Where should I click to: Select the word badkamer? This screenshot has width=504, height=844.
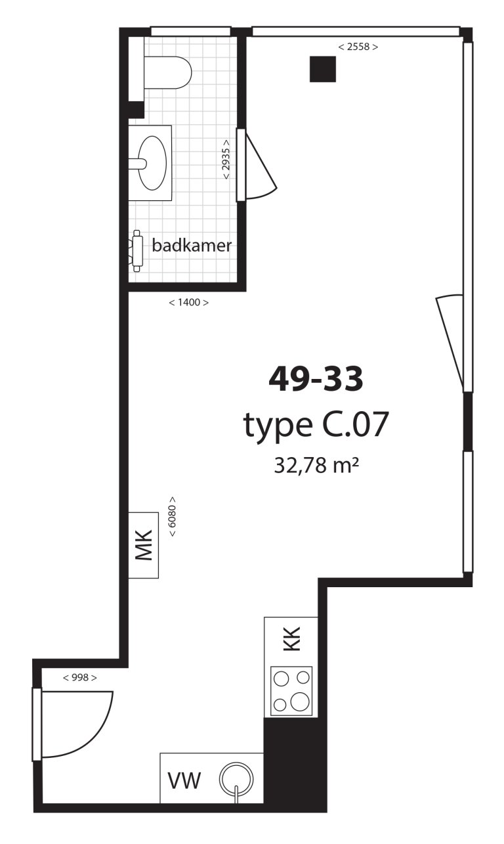pyautogui.click(x=191, y=246)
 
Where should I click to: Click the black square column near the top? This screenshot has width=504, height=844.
pyautogui.click(x=323, y=69)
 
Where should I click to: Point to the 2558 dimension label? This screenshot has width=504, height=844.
pyautogui.click(x=358, y=47)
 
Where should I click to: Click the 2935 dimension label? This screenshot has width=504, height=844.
pyautogui.click(x=226, y=160)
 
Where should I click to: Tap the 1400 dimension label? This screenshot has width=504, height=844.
pyautogui.click(x=188, y=303)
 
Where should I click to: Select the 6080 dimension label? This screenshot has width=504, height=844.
pyautogui.click(x=173, y=516)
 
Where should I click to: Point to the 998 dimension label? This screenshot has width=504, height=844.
pyautogui.click(x=80, y=677)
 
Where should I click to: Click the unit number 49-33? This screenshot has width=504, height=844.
pyautogui.click(x=316, y=379)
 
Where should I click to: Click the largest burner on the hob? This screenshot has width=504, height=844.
pyautogui.click(x=300, y=701)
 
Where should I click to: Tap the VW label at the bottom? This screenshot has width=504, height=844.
pyautogui.click(x=184, y=781)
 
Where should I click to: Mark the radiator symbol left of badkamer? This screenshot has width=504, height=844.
pyautogui.click(x=137, y=250)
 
